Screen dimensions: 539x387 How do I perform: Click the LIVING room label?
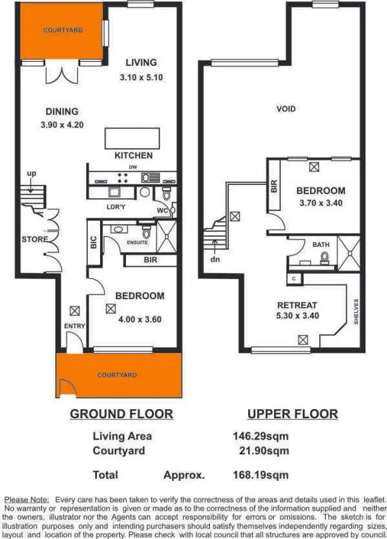pos(141,63)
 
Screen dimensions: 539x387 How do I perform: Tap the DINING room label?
pos(62,111)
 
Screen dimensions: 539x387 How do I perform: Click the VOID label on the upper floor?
pos(286,109)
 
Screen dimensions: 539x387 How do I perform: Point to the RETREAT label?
pos(297,305)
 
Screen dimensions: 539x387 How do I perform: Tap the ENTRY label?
pos(74,326)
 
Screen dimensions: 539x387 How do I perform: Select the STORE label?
pos(34,239)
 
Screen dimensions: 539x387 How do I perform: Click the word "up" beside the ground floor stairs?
pos(31,174)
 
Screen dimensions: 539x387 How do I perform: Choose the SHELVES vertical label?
pos(355,312)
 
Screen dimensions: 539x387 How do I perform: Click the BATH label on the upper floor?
pos(320,245)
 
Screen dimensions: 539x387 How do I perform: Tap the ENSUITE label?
pos(137,242)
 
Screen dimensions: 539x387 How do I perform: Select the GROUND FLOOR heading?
pos(121,414)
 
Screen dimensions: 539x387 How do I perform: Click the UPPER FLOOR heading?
pos(292,414)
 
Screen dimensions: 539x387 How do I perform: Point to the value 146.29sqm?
pos(260,436)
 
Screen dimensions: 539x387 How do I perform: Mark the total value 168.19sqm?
pos(260,475)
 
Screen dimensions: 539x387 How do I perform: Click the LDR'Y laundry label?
pos(116,207)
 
